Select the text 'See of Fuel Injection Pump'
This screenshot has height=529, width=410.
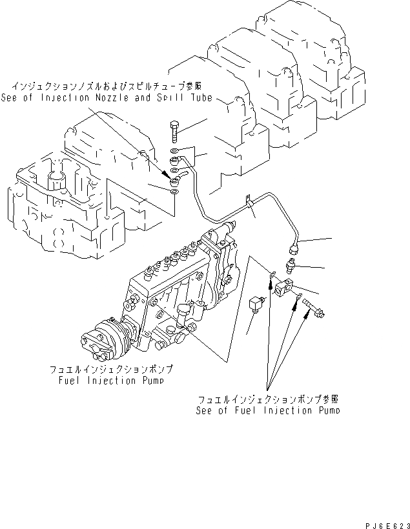(269, 410)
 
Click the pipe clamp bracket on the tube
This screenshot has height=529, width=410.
(249, 202)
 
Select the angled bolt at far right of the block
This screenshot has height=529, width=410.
(316, 308)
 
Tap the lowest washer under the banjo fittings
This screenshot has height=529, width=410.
(175, 190)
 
